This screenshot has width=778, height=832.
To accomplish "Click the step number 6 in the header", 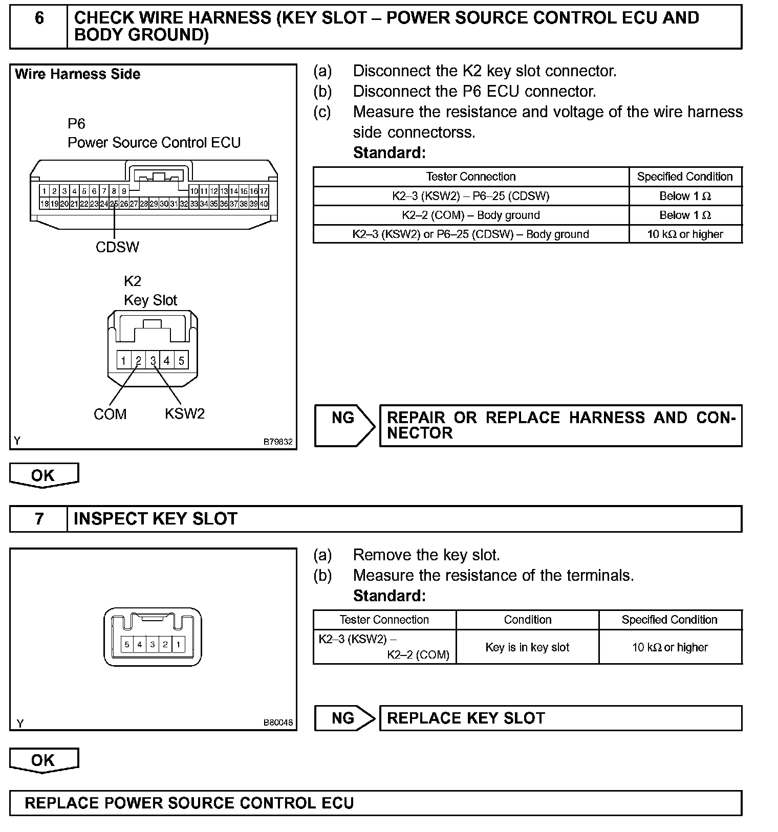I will pyautogui.click(x=39, y=18).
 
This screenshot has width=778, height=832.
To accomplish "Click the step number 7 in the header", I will pyautogui.click(x=39, y=519).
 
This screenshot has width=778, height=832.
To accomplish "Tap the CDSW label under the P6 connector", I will pyautogui.click(x=117, y=247).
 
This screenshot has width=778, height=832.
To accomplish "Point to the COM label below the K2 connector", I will pyautogui.click(x=110, y=414).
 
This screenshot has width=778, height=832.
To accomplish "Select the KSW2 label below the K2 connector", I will pyautogui.click(x=184, y=413).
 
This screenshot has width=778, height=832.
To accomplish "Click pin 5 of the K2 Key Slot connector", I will pyautogui.click(x=181, y=360).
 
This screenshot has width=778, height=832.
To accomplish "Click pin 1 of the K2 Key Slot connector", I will pyautogui.click(x=123, y=360).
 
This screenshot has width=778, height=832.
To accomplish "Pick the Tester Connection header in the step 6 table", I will pyautogui.click(x=471, y=177).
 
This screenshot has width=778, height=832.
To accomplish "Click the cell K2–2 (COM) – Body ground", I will pyautogui.click(x=471, y=215).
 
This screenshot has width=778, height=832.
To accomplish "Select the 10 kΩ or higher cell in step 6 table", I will pyautogui.click(x=685, y=234).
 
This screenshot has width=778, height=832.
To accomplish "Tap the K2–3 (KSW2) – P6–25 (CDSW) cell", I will pyautogui.click(x=471, y=196).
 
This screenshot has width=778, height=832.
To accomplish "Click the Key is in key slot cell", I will pyautogui.click(x=527, y=647).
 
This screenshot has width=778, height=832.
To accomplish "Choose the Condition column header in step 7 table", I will pyautogui.click(x=527, y=620).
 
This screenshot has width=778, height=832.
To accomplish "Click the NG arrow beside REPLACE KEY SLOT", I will pyautogui.click(x=344, y=718).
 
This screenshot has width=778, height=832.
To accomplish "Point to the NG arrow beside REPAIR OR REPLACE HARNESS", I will pyautogui.click(x=344, y=425).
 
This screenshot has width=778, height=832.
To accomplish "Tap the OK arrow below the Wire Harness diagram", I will pyautogui.click(x=44, y=475).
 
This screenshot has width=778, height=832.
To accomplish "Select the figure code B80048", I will pyautogui.click(x=278, y=722).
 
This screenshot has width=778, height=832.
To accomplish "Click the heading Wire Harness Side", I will pyautogui.click(x=78, y=74).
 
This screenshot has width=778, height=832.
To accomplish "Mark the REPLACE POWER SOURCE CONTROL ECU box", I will pyautogui.click(x=376, y=803).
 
